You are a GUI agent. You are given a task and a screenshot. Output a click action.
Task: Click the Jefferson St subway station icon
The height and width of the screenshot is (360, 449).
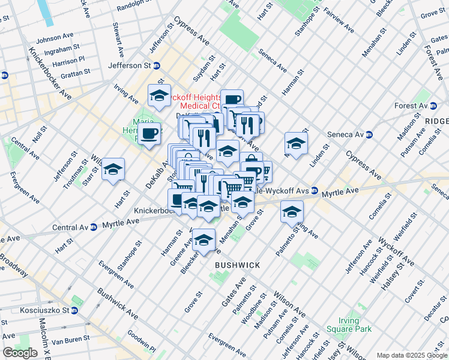click(157, 65)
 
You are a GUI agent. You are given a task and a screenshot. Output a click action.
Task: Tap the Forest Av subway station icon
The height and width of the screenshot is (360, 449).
click(433, 106)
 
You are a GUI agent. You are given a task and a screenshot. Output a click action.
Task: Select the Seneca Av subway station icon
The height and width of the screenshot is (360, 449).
click(370, 135)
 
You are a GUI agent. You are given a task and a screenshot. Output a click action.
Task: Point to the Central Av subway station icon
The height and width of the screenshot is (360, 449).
click(93, 227)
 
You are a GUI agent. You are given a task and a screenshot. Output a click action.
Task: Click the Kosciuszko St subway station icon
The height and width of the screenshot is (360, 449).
click(74, 311)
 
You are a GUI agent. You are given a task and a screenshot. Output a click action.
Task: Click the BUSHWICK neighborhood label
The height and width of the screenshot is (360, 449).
click(238, 265)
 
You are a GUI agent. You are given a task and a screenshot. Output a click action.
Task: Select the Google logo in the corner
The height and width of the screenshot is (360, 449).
click(20, 353)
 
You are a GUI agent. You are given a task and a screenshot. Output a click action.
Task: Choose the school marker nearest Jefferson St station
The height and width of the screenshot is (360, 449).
click(159, 95)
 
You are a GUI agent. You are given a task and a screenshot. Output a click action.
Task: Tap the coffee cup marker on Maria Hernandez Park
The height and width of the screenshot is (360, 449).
click(151, 132)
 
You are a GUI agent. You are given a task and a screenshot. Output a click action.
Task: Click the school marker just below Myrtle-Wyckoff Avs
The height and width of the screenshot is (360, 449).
click(292, 211)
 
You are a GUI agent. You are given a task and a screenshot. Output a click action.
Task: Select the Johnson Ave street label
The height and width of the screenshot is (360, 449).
click(55, 40)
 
